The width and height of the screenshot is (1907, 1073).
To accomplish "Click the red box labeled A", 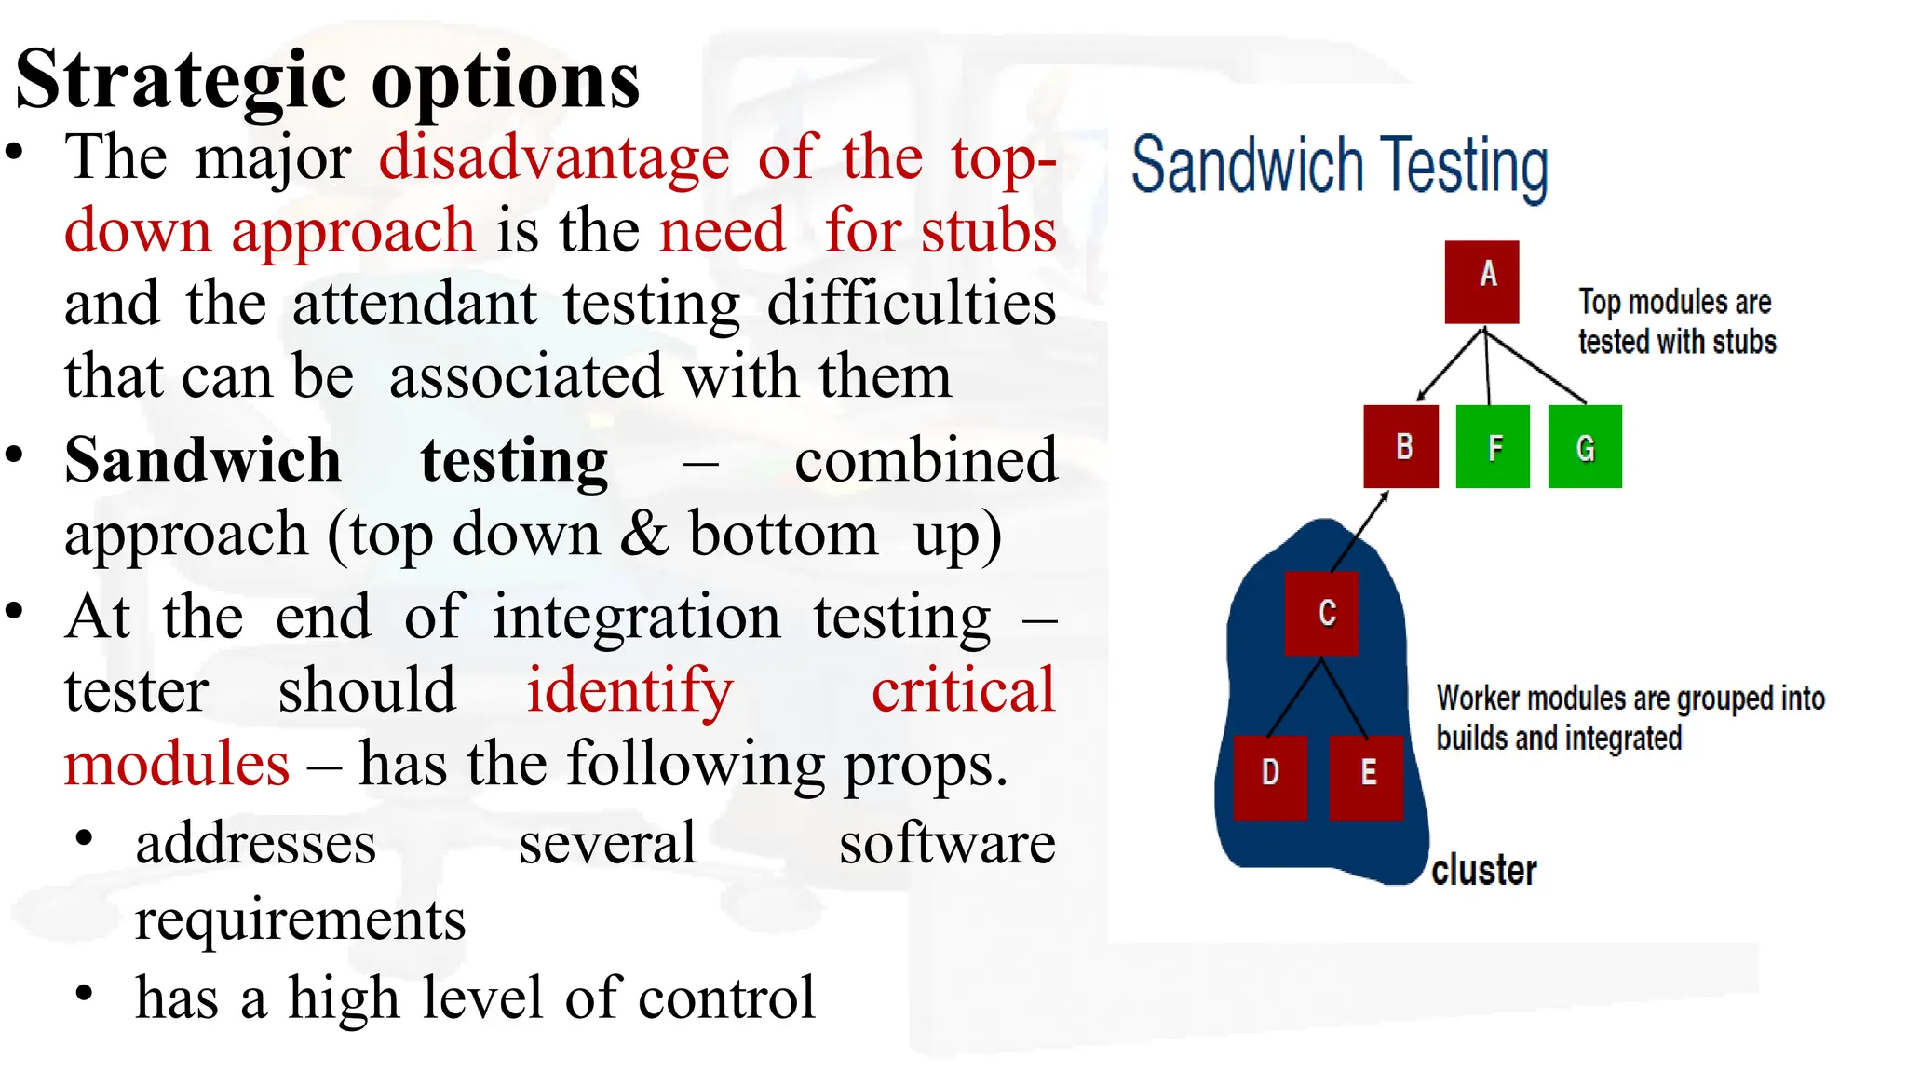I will pos(1481,282).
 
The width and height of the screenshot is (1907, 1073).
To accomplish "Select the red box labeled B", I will pos(1400,446).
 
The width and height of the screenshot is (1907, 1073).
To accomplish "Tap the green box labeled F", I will pos(1492,446).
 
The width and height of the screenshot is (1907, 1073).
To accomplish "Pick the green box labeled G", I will pos(1585,446).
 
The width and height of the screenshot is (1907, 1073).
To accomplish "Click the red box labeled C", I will pos(1321,614).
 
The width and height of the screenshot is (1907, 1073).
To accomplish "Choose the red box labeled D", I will pos(1270,777).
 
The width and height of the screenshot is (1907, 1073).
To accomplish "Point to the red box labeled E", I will pos(1365,777).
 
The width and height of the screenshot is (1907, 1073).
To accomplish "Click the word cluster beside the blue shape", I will pos(1483,870).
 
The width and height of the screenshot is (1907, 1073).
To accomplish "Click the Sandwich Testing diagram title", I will pos(1339,166).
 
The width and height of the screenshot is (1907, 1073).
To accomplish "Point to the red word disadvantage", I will pos(554,157).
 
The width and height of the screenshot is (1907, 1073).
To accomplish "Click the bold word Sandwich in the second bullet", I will pos(203,460).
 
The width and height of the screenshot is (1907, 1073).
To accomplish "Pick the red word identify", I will pos(629,691).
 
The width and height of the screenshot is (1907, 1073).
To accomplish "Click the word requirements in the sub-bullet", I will pos(300,920).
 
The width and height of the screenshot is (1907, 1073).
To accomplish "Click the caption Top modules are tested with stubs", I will pos(1676,321).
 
